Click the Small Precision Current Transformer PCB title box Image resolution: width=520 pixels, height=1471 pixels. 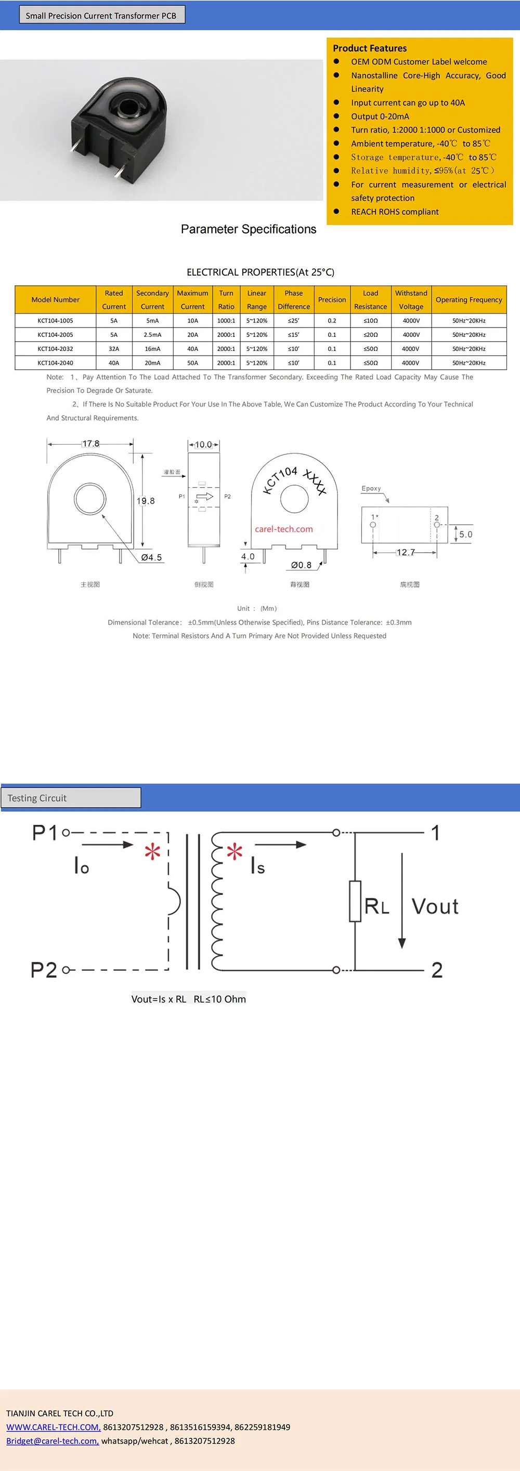coord(101,16)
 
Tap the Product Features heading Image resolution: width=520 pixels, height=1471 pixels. coord(369,48)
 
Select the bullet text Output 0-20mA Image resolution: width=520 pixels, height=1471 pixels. coord(380,116)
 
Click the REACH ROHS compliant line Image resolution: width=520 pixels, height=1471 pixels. coord(395,212)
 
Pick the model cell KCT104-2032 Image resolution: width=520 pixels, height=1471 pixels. coord(55,349)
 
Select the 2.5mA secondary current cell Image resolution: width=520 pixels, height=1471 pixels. coord(152,335)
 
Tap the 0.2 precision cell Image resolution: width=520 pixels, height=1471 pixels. coord(332,321)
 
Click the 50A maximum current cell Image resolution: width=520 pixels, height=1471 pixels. coord(192,363)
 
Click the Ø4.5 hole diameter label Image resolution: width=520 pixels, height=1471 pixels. coord(151,557)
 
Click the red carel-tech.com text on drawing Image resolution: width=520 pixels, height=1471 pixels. coord(284,529)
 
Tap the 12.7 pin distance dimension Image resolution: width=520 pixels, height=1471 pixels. coord(405,552)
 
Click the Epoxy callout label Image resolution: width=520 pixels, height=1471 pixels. coord(371,488)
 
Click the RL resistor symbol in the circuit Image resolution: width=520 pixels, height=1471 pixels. coord(355,901)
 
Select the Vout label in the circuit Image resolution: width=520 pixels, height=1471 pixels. coord(435,906)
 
